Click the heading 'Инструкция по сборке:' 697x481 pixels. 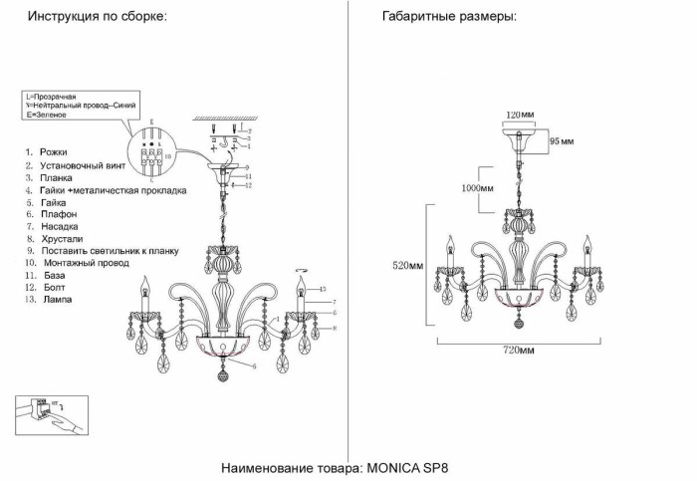[x=97, y=18]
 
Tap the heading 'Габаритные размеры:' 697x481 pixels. [x=449, y=18]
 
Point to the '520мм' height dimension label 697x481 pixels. [x=408, y=266]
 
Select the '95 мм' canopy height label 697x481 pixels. [x=563, y=141]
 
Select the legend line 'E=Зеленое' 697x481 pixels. [x=45, y=116]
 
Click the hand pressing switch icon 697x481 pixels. [x=52, y=415]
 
